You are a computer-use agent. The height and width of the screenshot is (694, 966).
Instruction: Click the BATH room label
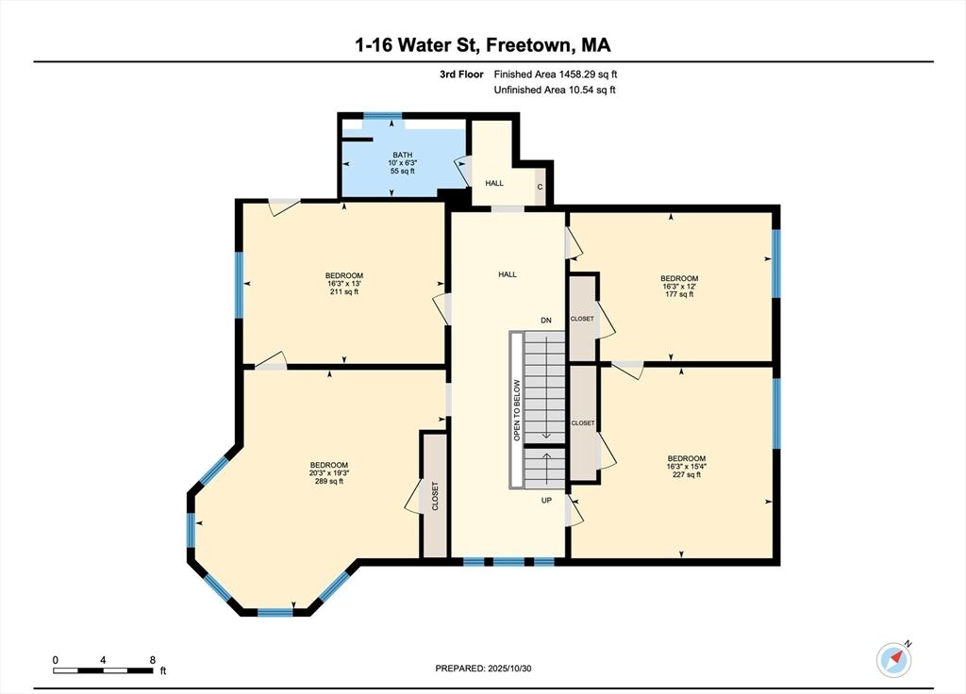pos(403,162)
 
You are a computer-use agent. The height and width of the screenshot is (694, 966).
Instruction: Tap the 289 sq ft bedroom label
pos(329,473)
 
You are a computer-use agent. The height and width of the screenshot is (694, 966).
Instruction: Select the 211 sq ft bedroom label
pos(344,283)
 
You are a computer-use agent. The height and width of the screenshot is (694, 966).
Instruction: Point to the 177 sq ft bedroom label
pos(679,287)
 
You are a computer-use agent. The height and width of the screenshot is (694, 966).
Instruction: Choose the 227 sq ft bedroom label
pos(687,466)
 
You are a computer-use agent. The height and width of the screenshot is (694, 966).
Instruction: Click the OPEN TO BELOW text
pos(517,410)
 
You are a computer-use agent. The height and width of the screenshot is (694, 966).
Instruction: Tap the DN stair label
pos(546,321)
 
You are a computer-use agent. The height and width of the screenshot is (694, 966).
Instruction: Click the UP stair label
pos(546,501)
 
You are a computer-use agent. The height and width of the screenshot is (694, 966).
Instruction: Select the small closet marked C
pos(540,186)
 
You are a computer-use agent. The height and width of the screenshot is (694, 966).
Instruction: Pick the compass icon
pos(894,659)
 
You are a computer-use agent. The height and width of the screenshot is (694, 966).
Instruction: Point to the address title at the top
pos(483,45)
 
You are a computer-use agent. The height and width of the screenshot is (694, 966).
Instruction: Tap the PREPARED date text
pos(483,669)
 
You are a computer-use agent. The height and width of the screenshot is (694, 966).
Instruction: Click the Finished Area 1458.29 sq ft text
pos(556,74)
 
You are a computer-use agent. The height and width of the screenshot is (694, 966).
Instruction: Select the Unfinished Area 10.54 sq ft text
pos(555,90)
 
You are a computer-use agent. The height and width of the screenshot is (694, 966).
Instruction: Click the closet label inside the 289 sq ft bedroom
pos(435,496)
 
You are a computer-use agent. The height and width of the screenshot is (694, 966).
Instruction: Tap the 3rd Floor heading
pos(461,74)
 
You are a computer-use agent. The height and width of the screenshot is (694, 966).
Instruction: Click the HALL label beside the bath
pos(494,183)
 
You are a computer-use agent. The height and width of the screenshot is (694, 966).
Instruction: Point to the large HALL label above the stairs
pos(508,274)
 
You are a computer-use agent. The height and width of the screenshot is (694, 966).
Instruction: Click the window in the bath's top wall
pos(382,115)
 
